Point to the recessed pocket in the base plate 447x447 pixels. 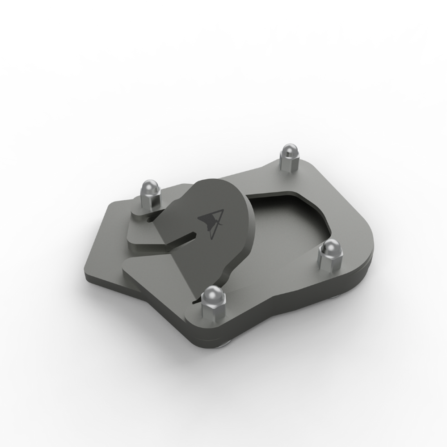[291, 215]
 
